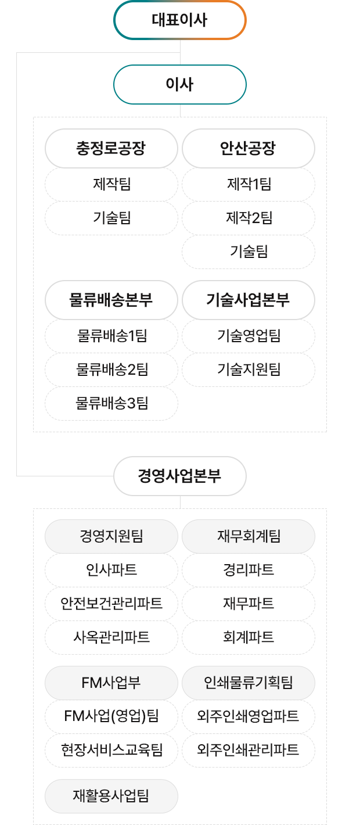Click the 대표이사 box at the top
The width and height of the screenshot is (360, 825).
[x=179, y=20]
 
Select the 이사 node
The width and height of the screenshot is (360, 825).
[x=179, y=84]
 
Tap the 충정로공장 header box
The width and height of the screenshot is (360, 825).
[x=111, y=148]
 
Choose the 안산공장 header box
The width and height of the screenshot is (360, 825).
[x=249, y=148]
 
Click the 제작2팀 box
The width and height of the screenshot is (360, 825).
[x=249, y=218]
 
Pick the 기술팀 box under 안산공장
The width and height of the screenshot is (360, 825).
[x=249, y=252]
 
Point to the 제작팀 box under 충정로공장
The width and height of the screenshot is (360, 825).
[x=111, y=184]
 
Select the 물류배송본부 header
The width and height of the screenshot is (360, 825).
[x=111, y=300]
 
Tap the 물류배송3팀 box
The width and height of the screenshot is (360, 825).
[x=111, y=403]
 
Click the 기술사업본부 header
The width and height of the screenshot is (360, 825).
[x=249, y=300]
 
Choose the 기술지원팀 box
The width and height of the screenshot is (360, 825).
[x=249, y=370]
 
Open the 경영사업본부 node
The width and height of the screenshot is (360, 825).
[x=179, y=476]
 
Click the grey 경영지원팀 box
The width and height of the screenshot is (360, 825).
[x=111, y=536]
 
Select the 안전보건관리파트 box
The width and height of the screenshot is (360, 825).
[x=111, y=604]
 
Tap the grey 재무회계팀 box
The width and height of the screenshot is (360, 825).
[x=249, y=536]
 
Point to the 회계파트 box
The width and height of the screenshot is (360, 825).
[x=249, y=637]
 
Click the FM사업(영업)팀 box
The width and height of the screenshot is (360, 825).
[x=111, y=716]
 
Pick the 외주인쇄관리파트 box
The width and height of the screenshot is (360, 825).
[x=249, y=750]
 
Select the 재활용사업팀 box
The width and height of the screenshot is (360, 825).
[x=111, y=796]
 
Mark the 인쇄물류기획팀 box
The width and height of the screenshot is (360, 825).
[x=249, y=683]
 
